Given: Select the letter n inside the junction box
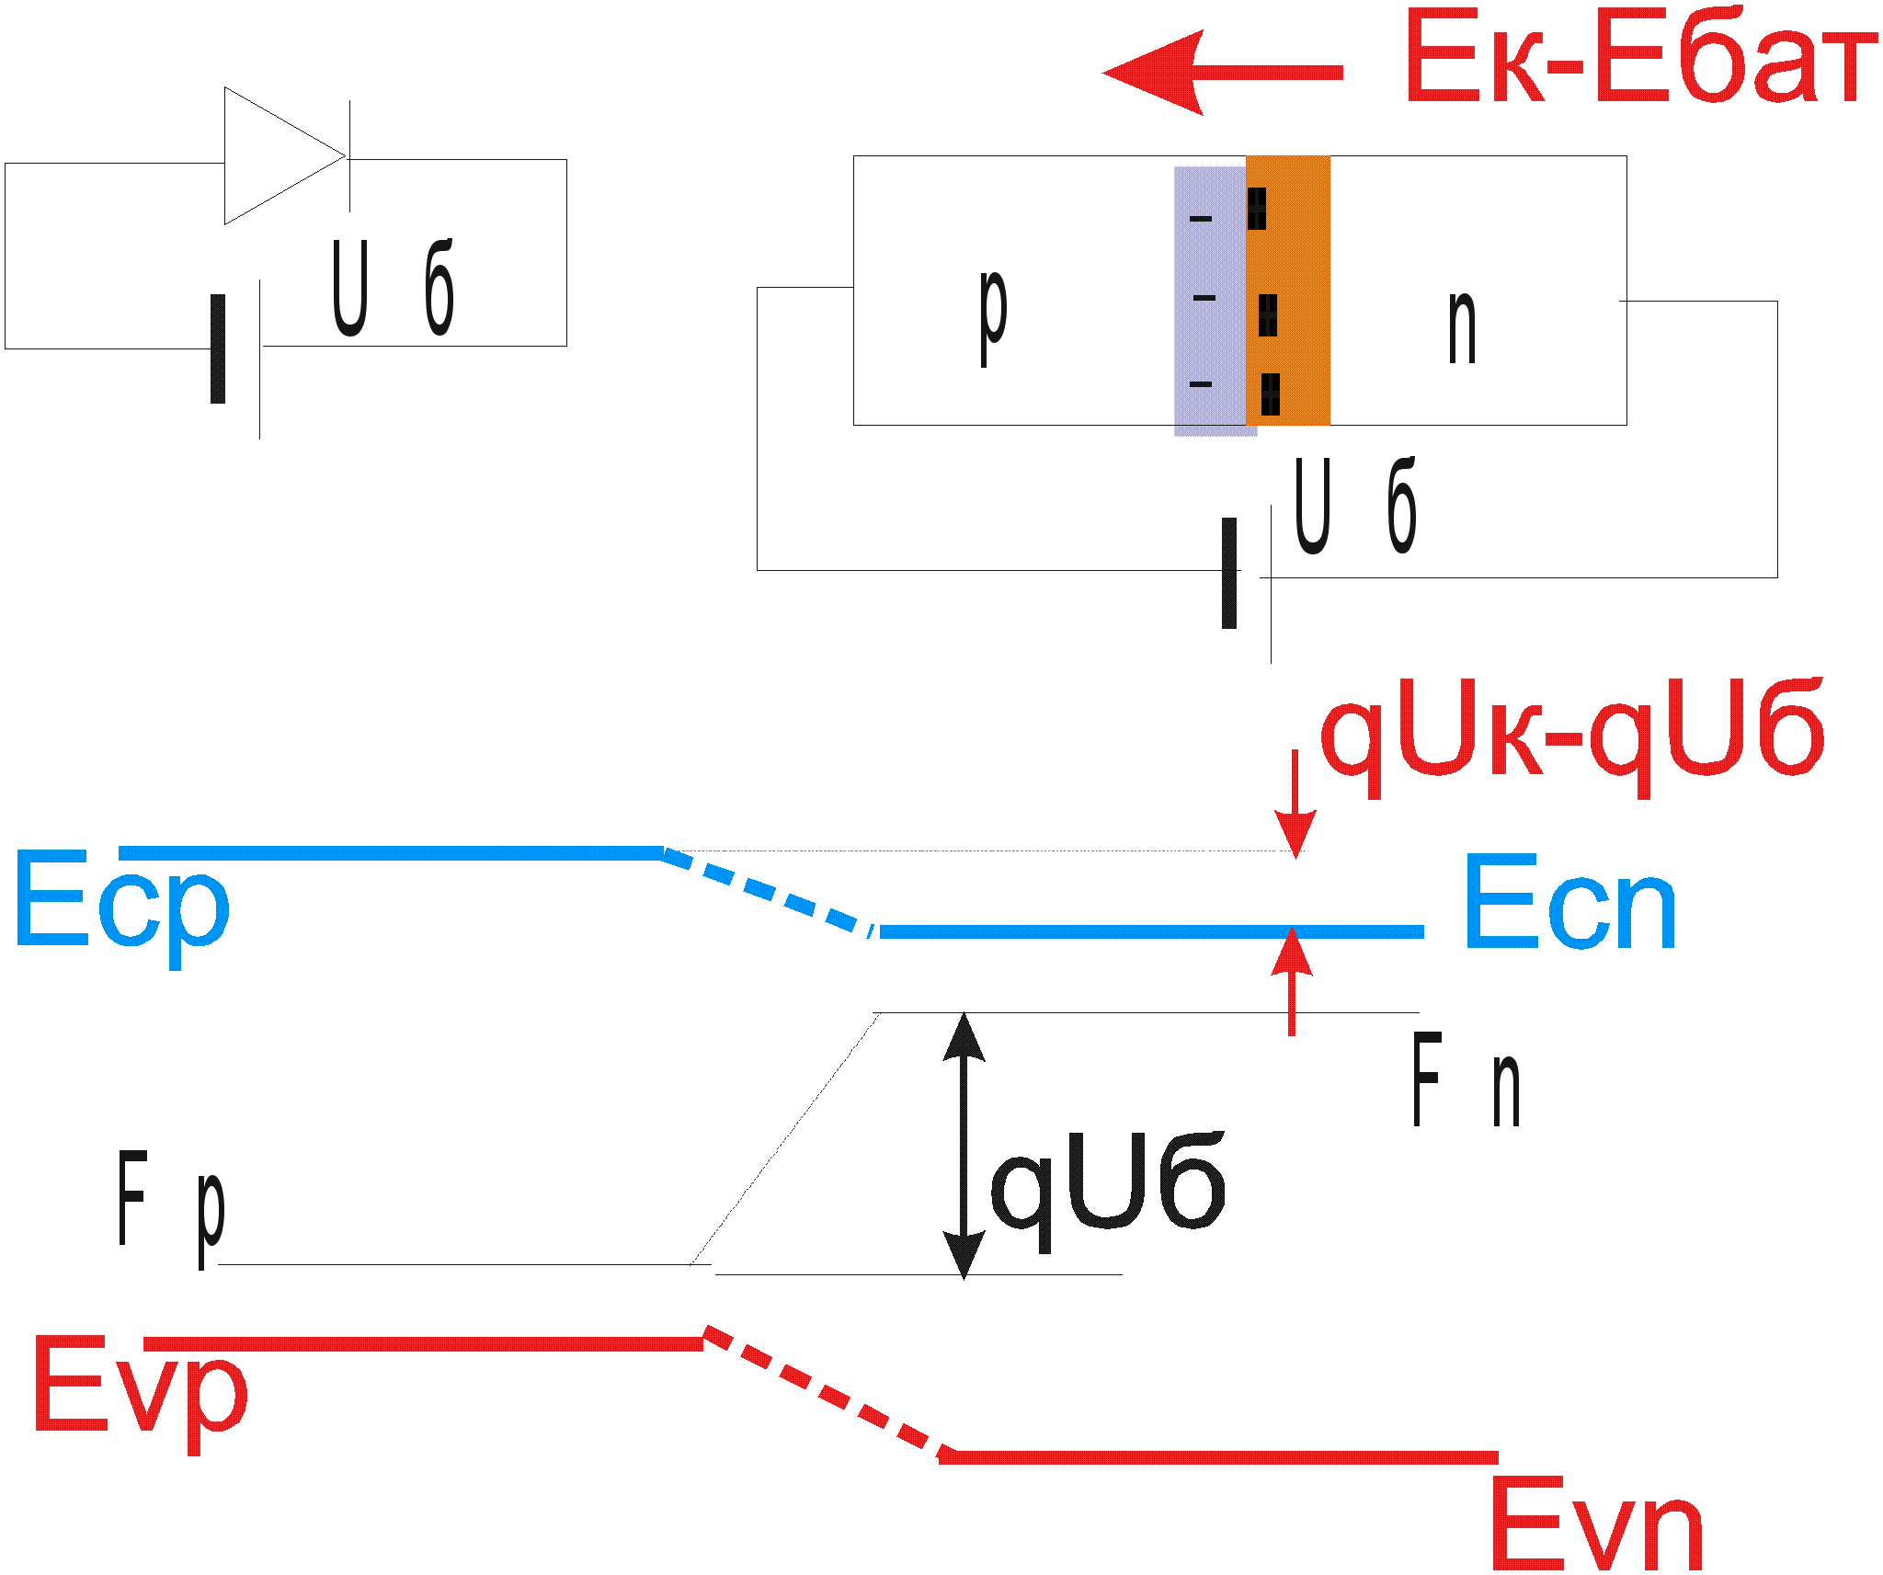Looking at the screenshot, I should pos(1462,327).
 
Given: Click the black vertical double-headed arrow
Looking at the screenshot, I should pos(964,1145).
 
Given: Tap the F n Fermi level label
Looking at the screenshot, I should pos(1466,1080).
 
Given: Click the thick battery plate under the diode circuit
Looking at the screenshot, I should pos(218,348).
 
